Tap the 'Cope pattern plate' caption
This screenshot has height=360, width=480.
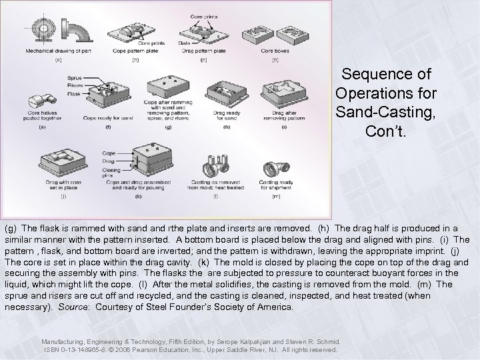point(136,51)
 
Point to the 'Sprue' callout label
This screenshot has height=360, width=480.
point(74,78)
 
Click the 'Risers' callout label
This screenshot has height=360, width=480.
point(74,85)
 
